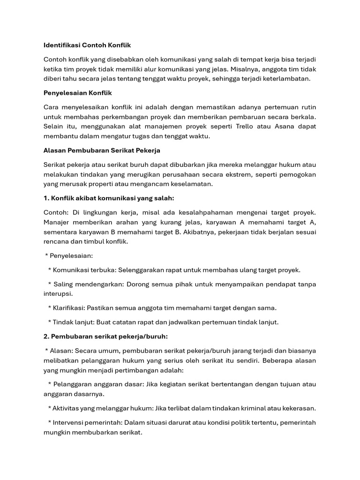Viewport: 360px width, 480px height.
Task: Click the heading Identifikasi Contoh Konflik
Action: (x=87, y=45)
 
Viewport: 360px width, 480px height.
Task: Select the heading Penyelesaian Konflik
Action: (x=78, y=93)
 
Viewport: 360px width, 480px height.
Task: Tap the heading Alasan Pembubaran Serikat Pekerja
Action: (x=102, y=150)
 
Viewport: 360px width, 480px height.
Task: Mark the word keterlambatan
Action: (x=287, y=79)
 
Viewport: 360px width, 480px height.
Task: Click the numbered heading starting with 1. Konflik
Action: (x=109, y=198)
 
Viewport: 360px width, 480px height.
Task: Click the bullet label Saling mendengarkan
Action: (x=87, y=285)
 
